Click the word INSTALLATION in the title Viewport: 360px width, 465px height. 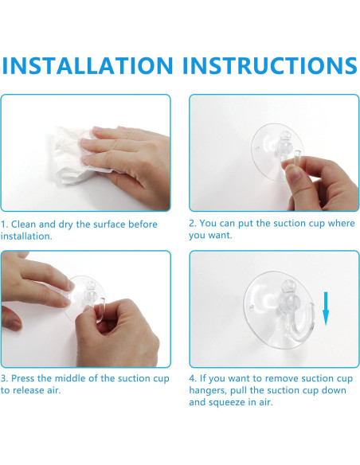[x=88, y=65]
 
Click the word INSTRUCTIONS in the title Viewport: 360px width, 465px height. [x=270, y=65]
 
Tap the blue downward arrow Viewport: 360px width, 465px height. [x=326, y=309]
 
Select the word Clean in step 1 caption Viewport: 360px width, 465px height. [x=24, y=225]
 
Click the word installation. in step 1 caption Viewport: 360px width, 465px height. [x=26, y=236]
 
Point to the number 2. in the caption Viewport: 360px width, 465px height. [x=193, y=223]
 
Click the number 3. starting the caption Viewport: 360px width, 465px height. [x=4, y=378]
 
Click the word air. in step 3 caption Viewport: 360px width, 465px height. [x=53, y=390]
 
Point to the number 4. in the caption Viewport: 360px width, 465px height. [x=193, y=378]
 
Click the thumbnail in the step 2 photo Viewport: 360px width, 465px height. [x=293, y=172]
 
